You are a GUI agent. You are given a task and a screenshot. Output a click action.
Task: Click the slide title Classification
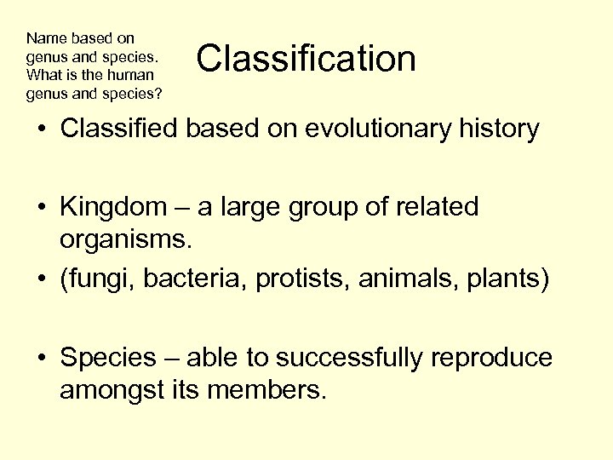click(x=306, y=59)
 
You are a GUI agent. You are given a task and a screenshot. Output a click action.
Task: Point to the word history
click(x=498, y=129)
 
